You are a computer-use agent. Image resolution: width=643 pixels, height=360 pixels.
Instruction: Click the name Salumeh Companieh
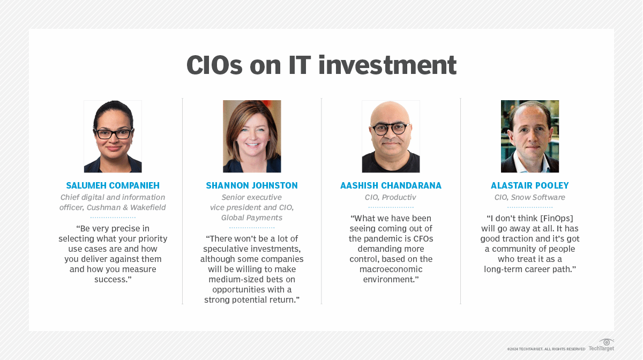point(113,185)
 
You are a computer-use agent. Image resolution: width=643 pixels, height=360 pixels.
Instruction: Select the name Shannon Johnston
point(252,185)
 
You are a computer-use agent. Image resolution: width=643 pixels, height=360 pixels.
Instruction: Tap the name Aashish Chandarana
point(391,185)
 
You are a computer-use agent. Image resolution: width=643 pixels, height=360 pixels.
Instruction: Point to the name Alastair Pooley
point(529,185)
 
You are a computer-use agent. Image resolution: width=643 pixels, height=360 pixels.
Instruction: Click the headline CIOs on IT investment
point(322,65)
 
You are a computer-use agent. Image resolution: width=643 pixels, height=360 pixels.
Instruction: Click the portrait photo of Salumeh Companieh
point(113,137)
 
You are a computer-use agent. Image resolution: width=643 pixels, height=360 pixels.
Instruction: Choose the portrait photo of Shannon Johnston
point(252,137)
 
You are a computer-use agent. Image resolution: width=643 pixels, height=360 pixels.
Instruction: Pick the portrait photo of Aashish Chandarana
point(391,137)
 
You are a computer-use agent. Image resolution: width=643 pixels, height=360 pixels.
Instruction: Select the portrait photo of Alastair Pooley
point(530,137)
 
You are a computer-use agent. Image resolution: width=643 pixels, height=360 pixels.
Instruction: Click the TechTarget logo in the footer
point(601,345)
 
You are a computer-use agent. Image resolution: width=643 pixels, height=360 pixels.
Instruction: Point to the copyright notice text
point(546,349)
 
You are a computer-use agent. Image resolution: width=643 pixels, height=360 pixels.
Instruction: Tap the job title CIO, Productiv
point(391,198)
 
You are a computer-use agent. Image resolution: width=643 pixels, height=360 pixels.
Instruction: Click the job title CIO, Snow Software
point(529,198)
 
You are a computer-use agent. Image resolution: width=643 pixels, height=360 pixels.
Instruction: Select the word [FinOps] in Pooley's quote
point(557,219)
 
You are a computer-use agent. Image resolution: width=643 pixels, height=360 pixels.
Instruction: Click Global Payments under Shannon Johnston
point(252,218)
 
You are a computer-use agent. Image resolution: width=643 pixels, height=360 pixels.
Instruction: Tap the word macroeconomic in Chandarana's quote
point(391,269)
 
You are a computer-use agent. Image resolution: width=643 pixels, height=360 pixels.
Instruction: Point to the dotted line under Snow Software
point(530,207)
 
